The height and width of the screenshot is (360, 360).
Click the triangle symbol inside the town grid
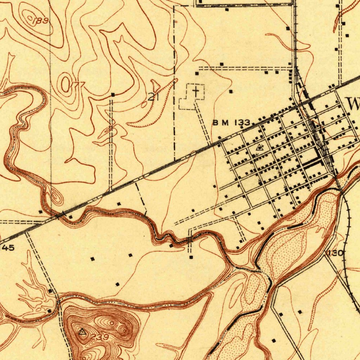[x=260, y=147]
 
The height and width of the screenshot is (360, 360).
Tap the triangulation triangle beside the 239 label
[x=83, y=332]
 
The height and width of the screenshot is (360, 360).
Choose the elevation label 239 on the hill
[x=101, y=337]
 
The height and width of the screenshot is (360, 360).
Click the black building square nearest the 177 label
[x=113, y=95]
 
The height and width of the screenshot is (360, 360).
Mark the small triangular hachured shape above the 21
[x=155, y=85]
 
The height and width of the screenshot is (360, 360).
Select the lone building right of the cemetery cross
[x=231, y=91]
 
